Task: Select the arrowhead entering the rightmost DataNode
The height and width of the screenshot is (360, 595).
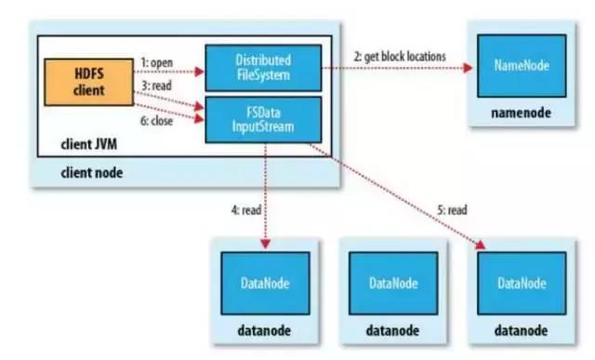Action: (483, 247)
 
